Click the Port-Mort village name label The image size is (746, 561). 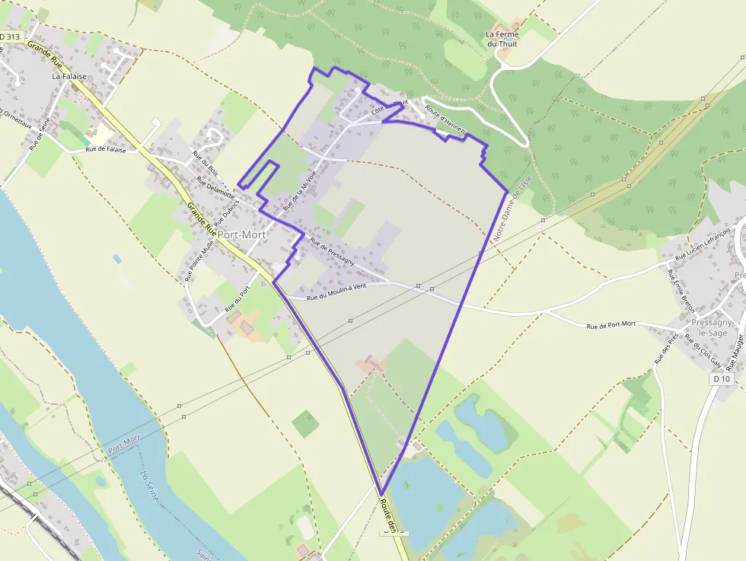[x=242, y=235]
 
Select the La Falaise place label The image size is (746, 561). [x=69, y=76]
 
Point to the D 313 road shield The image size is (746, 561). [x=11, y=37]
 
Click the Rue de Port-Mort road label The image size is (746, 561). [x=611, y=325]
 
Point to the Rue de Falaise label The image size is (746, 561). [x=105, y=149]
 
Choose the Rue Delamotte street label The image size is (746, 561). [x=216, y=191]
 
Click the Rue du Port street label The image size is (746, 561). [x=238, y=299]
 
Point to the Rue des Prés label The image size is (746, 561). [x=667, y=346]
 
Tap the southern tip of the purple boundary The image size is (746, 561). [x=381, y=495]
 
